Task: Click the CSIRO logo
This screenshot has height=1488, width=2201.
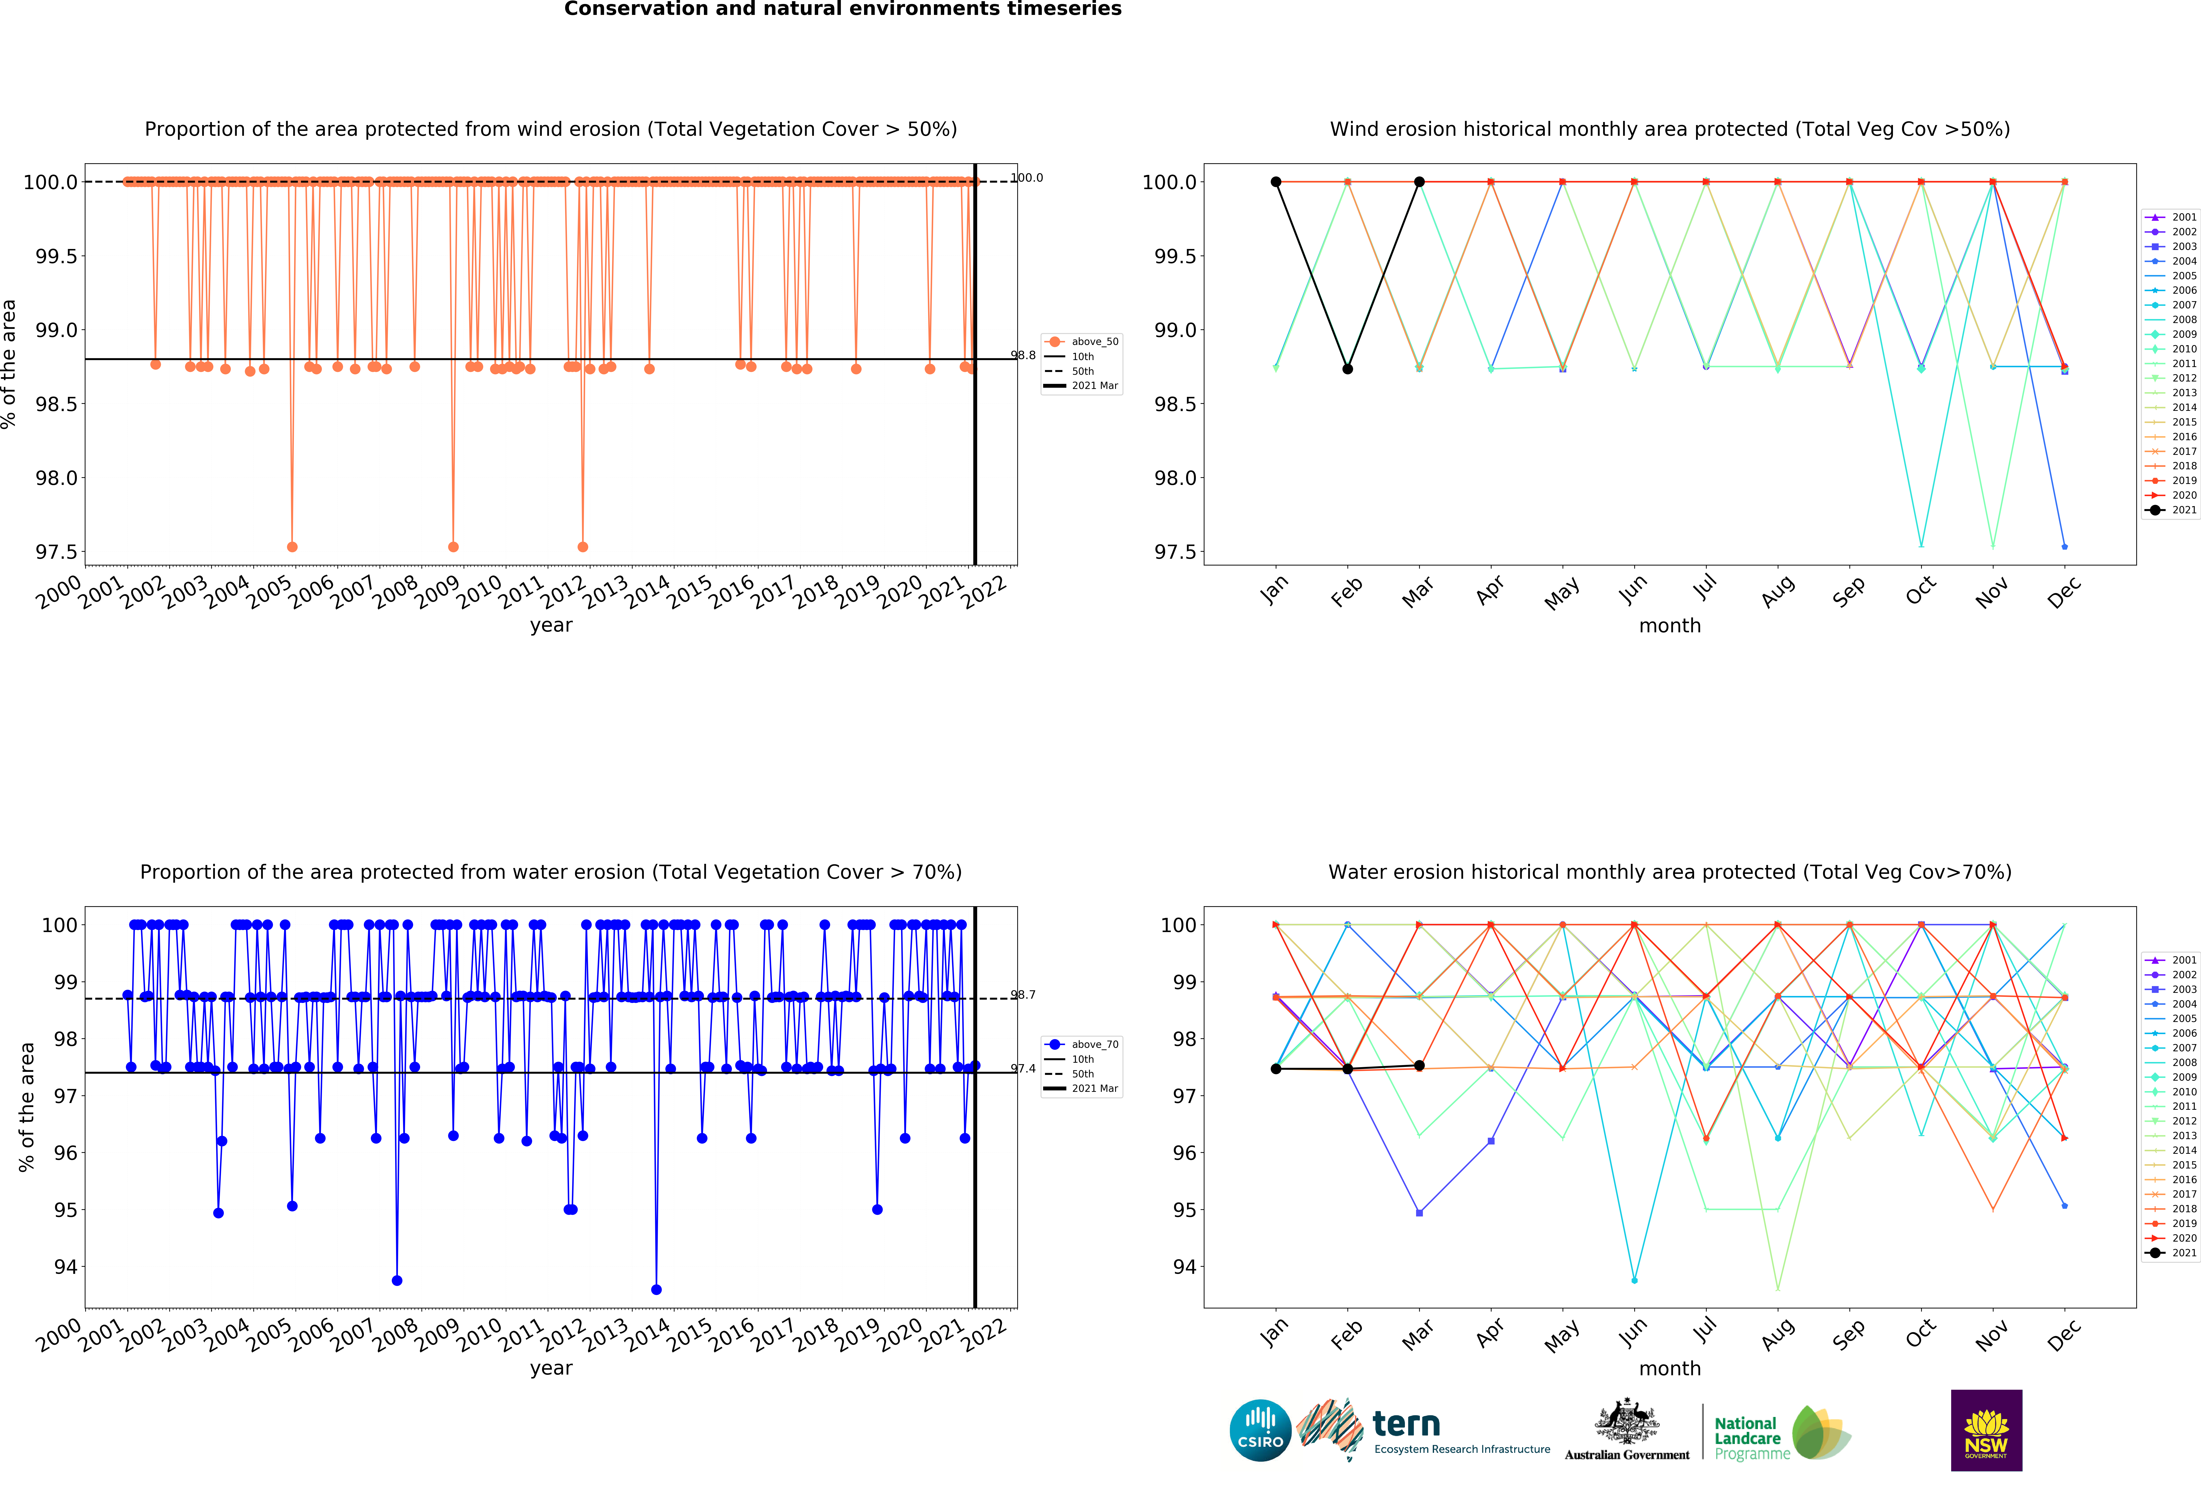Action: (1260, 1430)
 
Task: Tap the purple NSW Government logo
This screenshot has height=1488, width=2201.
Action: (1986, 1430)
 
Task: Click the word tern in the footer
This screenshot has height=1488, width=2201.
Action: (1406, 1423)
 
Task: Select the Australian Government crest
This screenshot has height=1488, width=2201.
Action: (1626, 1421)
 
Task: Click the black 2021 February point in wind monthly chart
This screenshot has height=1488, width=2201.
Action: (1348, 368)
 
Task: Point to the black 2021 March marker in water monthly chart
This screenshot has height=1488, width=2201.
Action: (1419, 1066)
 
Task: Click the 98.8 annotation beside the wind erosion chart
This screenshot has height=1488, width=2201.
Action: (1023, 355)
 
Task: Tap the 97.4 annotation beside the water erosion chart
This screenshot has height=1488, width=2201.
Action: (1023, 1068)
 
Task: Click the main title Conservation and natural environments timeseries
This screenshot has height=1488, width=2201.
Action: (842, 10)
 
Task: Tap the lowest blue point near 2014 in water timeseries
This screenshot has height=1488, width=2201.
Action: (656, 1289)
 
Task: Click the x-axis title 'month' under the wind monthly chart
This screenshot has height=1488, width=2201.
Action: (1670, 626)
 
